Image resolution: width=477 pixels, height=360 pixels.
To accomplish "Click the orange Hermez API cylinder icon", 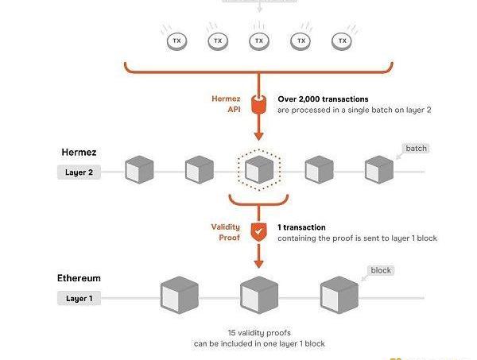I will point(258,104).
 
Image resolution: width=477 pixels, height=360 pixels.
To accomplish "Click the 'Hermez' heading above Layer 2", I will point(79,151).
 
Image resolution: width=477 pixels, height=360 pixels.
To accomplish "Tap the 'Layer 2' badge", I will point(79,172).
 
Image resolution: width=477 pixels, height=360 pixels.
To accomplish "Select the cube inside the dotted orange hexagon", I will point(259,168).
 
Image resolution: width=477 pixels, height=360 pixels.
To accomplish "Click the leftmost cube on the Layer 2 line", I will point(140,169).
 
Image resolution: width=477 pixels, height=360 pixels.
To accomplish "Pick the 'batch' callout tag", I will point(416,149).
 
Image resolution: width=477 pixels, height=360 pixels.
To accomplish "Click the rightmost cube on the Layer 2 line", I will point(379,168).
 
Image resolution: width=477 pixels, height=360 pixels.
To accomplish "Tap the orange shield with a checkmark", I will point(258,231).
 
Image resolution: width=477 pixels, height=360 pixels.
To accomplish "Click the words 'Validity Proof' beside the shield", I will point(224,232).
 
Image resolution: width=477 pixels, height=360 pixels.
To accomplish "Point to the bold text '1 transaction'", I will point(301,227).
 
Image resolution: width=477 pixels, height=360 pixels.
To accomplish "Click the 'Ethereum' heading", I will point(79,279).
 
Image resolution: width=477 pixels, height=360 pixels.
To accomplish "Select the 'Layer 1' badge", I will point(79,299).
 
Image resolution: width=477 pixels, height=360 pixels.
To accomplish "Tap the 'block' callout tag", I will point(382,271).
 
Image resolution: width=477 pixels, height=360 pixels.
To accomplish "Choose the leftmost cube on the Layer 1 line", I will point(179,296).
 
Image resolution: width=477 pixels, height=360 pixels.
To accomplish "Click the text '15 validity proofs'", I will point(258,332).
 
